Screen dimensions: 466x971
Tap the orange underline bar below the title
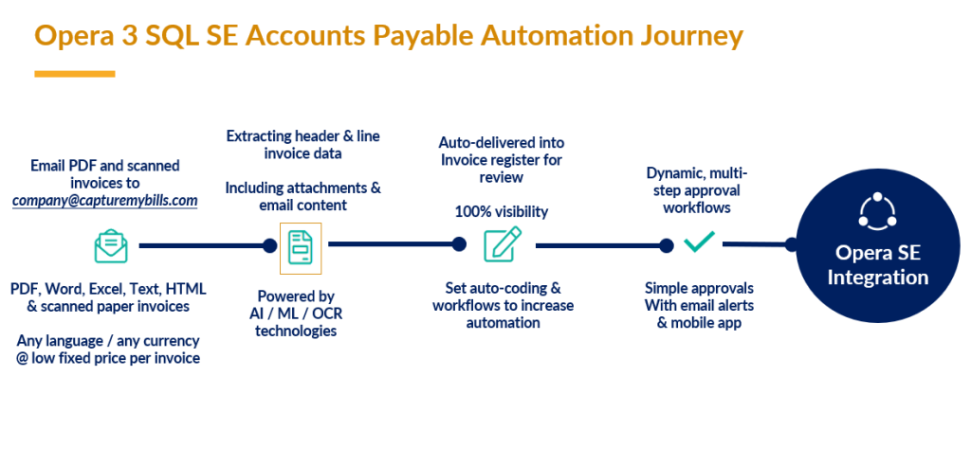[75, 74]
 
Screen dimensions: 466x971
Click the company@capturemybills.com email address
[104, 200]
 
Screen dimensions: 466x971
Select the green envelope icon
[111, 246]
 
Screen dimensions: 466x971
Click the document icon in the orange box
[301, 246]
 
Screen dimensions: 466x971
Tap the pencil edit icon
[502, 244]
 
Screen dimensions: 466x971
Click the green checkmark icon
[699, 243]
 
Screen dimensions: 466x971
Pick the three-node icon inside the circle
[877, 211]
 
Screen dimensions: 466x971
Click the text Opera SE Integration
[877, 265]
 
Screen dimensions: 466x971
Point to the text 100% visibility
[503, 211]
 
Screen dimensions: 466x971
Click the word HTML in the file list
[185, 288]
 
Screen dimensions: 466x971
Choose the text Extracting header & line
[303, 136]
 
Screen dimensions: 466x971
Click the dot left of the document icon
[269, 245]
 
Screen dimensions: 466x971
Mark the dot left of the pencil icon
[459, 244]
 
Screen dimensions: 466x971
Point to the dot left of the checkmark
[667, 245]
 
